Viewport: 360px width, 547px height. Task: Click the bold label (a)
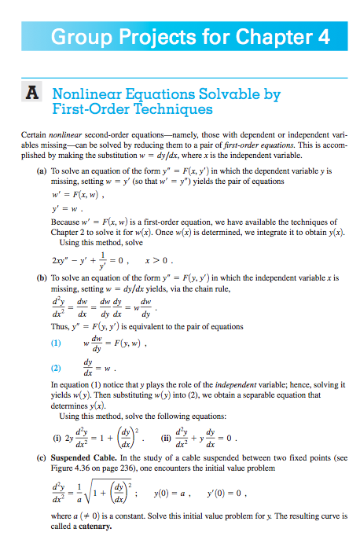42,170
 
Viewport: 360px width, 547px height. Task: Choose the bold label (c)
42,455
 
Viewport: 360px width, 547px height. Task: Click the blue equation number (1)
56,343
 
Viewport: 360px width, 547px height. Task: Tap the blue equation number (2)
56,368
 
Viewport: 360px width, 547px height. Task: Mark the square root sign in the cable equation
85,489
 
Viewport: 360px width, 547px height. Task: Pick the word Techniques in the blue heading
174,111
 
